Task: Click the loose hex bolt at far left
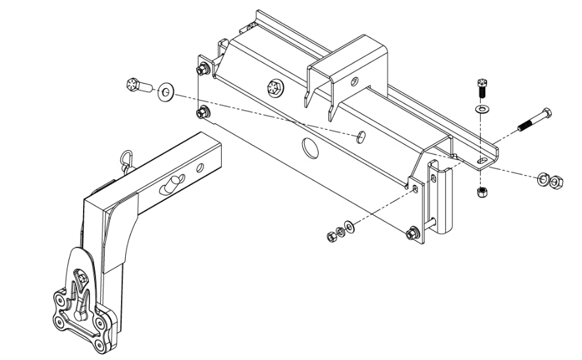(136, 86)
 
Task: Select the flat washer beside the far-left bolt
(164, 92)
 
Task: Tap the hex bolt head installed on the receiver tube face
(274, 88)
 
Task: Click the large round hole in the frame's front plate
(308, 148)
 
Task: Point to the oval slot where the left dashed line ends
(361, 137)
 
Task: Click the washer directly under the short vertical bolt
(481, 107)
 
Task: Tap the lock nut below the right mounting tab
(481, 192)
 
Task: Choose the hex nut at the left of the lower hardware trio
(332, 236)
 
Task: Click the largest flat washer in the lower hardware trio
(348, 227)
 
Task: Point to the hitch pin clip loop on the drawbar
(126, 159)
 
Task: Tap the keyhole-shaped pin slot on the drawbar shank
(173, 185)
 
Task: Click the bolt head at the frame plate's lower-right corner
(413, 232)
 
